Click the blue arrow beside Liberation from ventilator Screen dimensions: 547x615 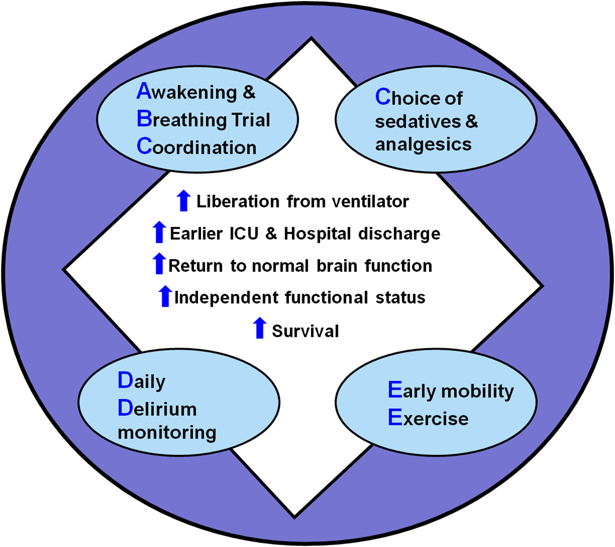click(183, 200)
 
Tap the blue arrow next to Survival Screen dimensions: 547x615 click(260, 328)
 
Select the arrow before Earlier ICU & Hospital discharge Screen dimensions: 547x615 click(158, 232)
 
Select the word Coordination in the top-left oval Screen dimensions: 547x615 click(197, 147)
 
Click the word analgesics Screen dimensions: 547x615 click(423, 144)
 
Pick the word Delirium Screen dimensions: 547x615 click(158, 409)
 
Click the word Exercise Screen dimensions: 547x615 click(428, 418)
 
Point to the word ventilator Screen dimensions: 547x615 click(372, 202)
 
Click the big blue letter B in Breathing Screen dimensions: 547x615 click(144, 119)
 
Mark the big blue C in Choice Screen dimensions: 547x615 click(383, 97)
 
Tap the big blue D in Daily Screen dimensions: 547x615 click(126, 381)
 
